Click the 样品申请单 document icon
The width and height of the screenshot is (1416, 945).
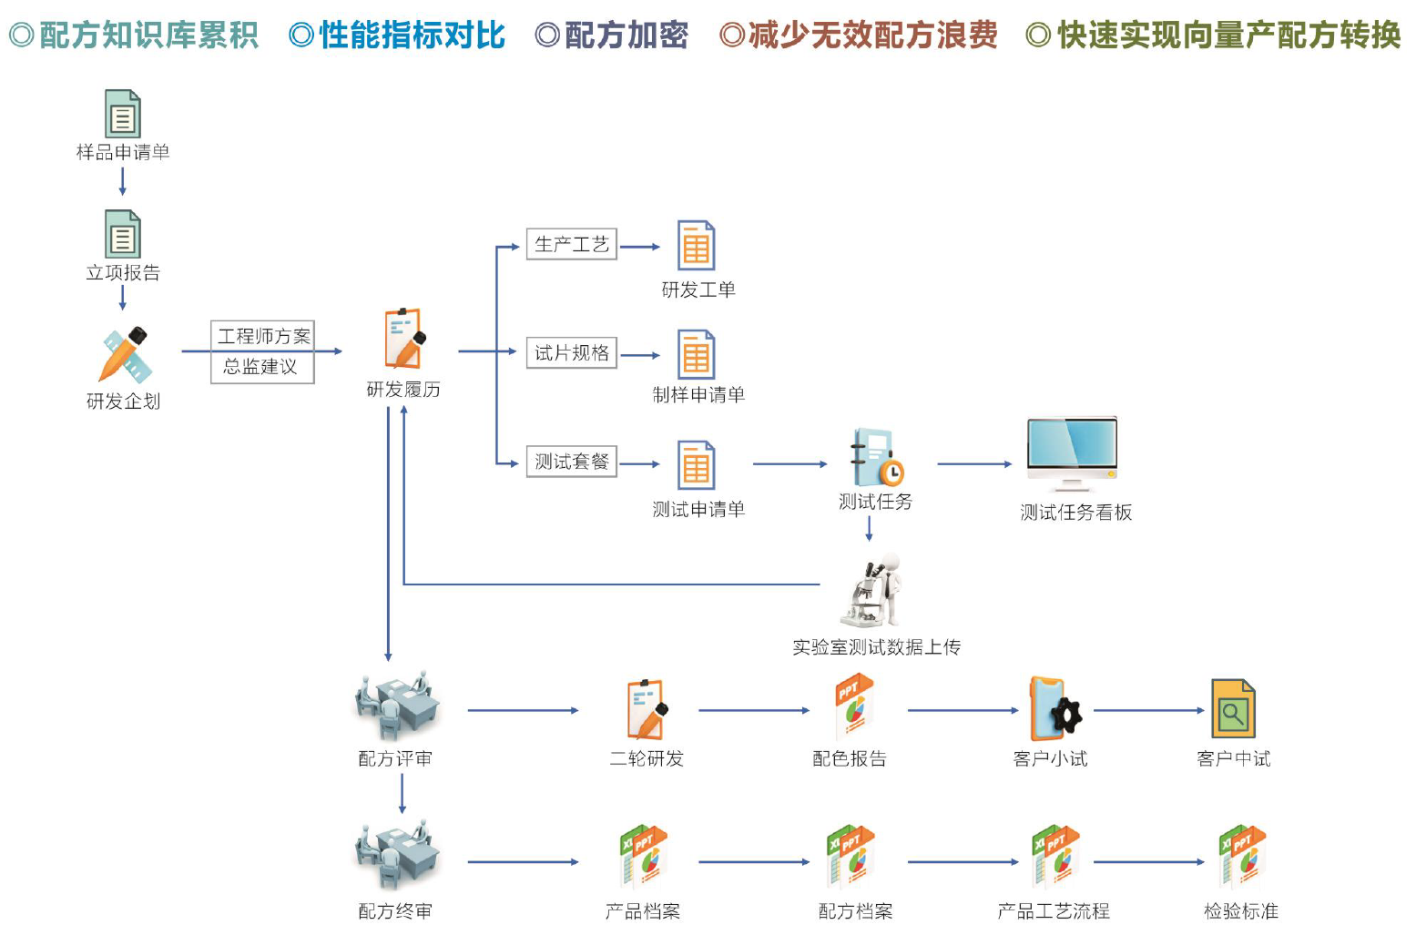123,114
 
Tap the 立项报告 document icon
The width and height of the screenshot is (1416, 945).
123,234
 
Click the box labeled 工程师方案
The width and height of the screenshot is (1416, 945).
263,336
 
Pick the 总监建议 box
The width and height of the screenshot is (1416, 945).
261,367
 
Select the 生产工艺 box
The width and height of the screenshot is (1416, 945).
572,244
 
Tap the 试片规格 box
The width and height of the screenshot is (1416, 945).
572,352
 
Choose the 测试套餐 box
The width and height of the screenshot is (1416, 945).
572,462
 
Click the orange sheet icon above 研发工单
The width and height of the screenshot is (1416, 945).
697,246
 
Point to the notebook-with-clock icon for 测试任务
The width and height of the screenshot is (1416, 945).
876,458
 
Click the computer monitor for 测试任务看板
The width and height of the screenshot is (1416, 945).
1072,452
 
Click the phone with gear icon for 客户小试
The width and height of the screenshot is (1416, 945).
1054,709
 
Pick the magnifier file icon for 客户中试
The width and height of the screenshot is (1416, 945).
1233,709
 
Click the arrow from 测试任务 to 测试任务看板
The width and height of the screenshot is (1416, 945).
974,464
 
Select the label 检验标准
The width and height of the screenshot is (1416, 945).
1240,911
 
